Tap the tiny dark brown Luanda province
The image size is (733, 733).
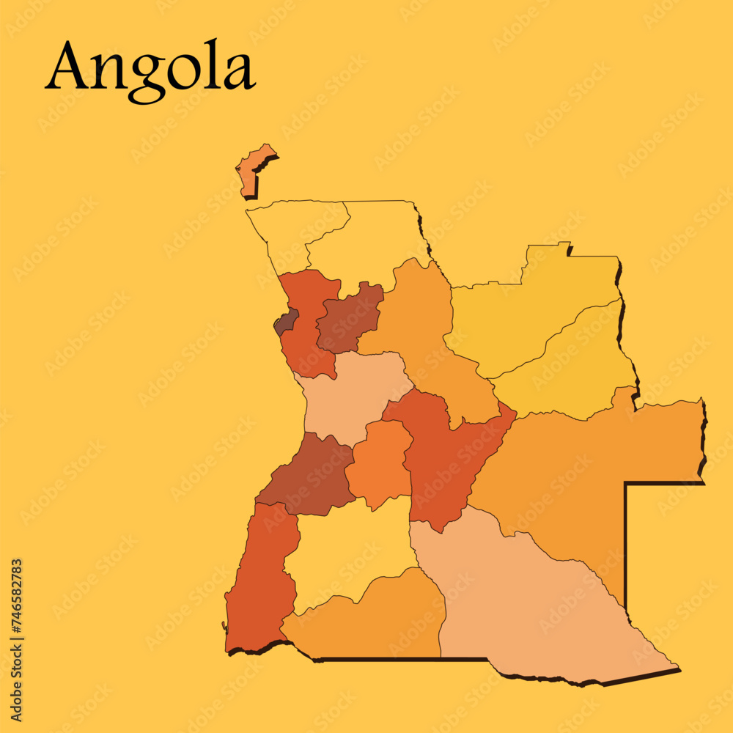(286, 322)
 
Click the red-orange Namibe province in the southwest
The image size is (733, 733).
(260, 579)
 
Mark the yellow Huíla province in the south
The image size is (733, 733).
(348, 550)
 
